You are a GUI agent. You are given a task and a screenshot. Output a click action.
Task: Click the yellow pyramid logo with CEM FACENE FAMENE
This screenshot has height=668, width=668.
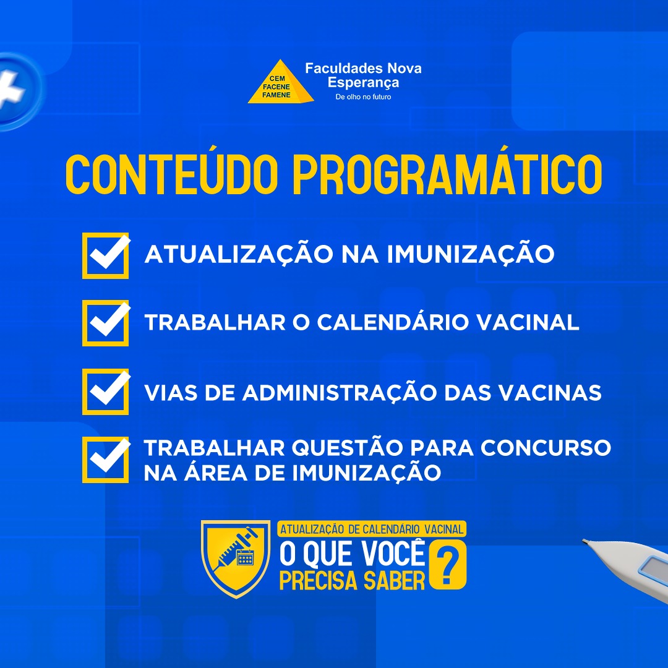coord(281,82)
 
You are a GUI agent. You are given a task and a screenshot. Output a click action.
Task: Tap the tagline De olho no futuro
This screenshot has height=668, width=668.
coord(363,96)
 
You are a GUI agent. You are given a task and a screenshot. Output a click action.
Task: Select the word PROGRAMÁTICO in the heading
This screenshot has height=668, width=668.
coord(447,174)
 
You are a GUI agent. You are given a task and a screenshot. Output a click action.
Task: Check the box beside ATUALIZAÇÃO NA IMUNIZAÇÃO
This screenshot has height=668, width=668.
coord(106,255)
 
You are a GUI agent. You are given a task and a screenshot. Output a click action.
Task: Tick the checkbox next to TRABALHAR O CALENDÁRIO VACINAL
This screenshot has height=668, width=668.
coord(106,323)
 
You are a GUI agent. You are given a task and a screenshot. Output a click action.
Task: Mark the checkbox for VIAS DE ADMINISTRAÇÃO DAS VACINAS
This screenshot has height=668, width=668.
coord(106,392)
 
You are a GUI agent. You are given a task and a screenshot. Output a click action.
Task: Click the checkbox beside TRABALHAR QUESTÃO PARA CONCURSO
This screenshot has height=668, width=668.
coord(106,460)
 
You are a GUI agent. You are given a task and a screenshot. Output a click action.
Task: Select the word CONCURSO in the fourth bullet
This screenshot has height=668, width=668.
coord(546,448)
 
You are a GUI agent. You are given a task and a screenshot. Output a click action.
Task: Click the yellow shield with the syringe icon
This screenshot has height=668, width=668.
coord(236,558)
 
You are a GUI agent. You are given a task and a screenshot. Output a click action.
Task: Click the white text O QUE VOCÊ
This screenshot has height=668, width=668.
coord(352,554)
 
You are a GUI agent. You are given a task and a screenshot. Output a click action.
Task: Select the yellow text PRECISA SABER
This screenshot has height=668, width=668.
coord(352,580)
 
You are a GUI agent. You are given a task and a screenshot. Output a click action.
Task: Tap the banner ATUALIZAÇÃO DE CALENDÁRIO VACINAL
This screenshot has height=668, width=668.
coord(372,529)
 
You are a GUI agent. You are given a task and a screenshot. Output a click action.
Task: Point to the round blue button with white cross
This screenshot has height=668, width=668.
coord(17,90)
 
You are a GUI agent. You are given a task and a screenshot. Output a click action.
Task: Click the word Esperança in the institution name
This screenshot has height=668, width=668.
coord(363,82)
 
